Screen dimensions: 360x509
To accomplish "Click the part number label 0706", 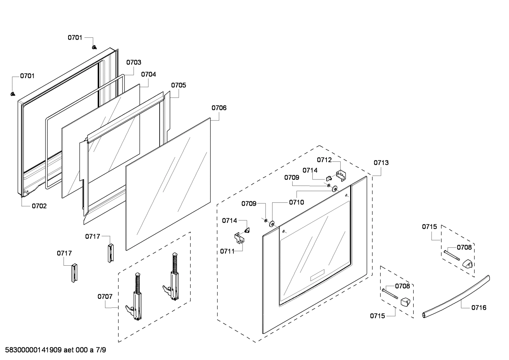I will pyautogui.click(x=219, y=108).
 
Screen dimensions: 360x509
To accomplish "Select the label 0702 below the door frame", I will pyautogui.click(x=39, y=206).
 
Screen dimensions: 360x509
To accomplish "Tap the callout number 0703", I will pyautogui.click(x=134, y=62).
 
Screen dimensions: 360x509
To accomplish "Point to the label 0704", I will pyautogui.click(x=148, y=74).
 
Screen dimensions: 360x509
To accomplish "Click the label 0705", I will pyautogui.click(x=179, y=85).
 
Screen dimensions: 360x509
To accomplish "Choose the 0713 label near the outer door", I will pyautogui.click(x=381, y=163).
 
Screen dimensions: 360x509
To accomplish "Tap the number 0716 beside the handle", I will pyautogui.click(x=479, y=307).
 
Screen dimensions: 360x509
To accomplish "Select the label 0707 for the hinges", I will pyautogui.click(x=105, y=296).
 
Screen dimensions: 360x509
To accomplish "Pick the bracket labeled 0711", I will pyautogui.click(x=240, y=238).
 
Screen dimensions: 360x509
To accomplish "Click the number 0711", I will pyautogui.click(x=227, y=251).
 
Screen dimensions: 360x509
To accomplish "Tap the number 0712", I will pyautogui.click(x=324, y=160).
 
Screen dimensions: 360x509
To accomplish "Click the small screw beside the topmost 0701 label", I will pyautogui.click(x=94, y=47).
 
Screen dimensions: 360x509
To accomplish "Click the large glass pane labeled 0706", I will pyautogui.click(x=168, y=184).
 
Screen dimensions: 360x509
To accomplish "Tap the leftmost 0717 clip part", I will pyautogui.click(x=74, y=272).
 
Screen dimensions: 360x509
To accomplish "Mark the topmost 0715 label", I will pyautogui.click(x=429, y=226).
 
